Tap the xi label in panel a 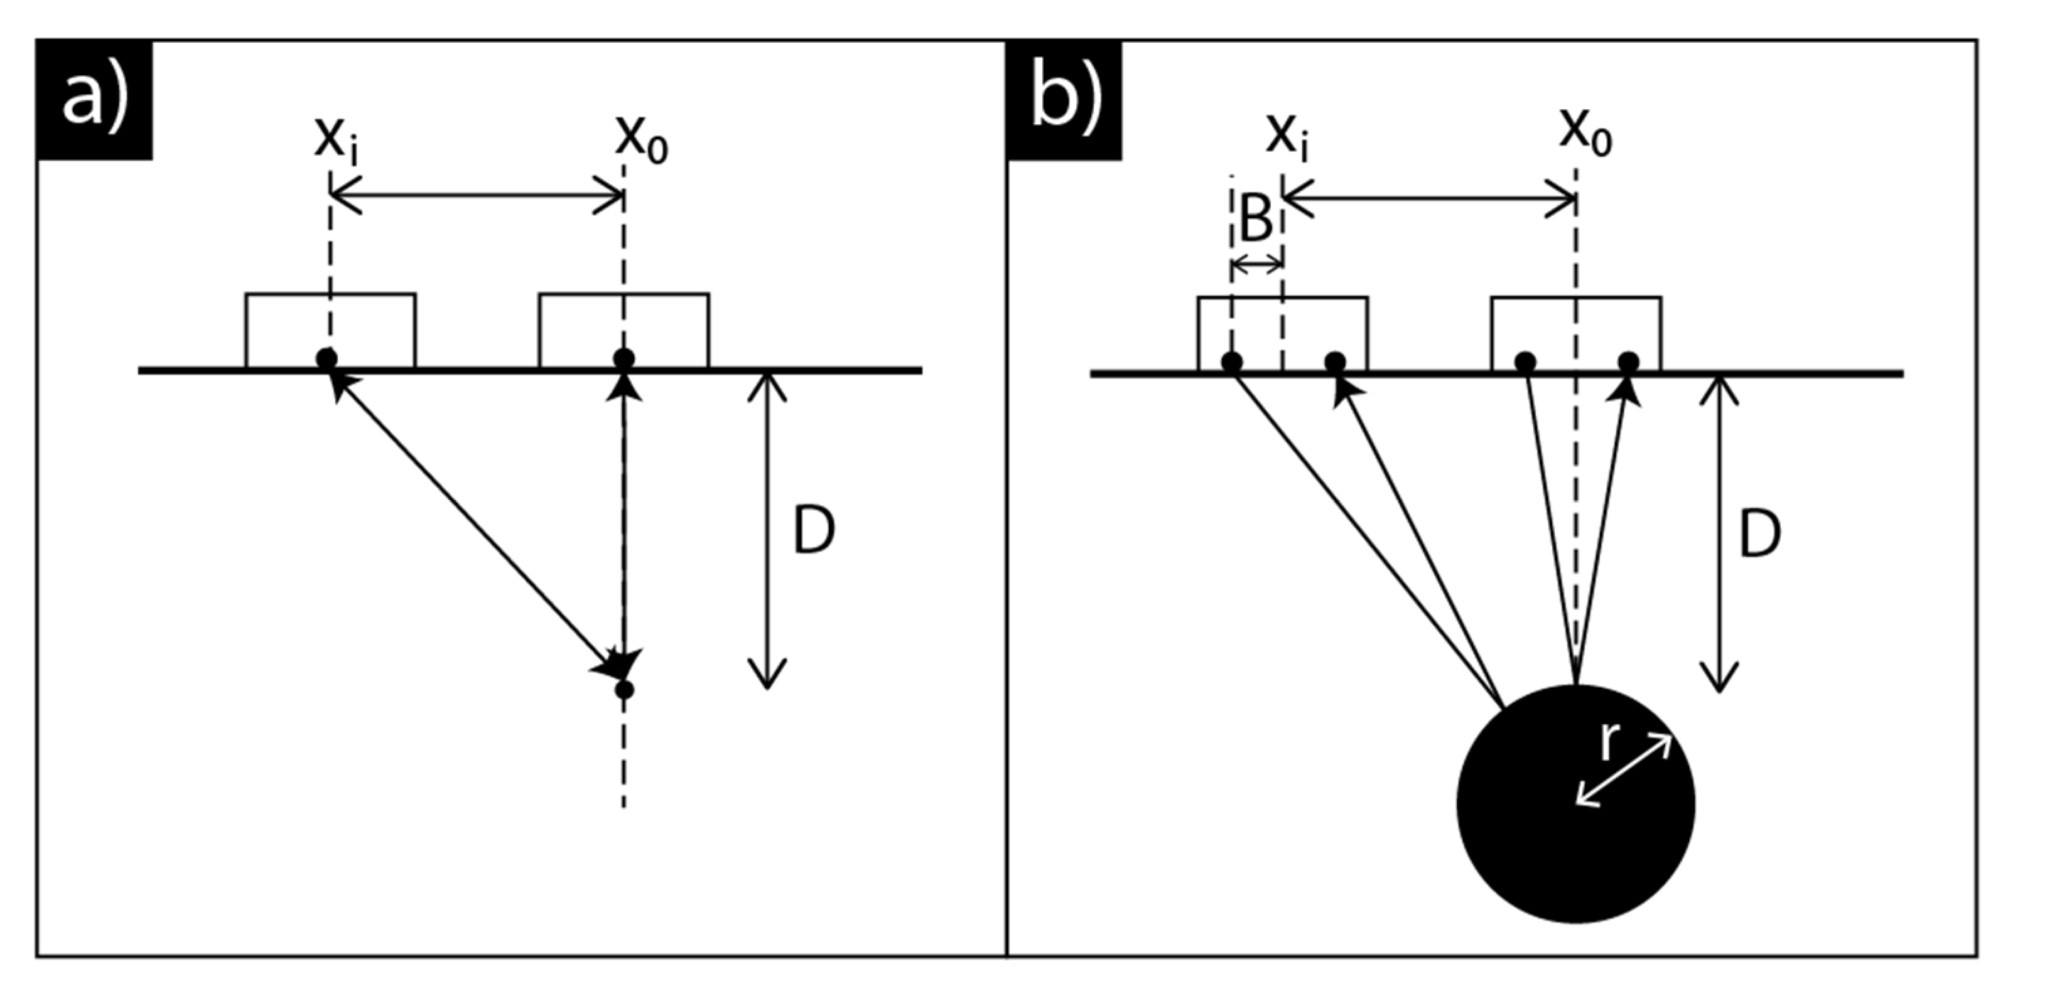pos(335,141)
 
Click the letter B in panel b pos(1255,219)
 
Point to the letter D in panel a pos(814,530)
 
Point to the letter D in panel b pos(1760,534)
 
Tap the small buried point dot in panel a pos(624,690)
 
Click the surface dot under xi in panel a pos(327,358)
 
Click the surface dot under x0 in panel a pos(624,358)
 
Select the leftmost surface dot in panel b pos(1232,362)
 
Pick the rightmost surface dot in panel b pos(1628,362)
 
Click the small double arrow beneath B pos(1257,264)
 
